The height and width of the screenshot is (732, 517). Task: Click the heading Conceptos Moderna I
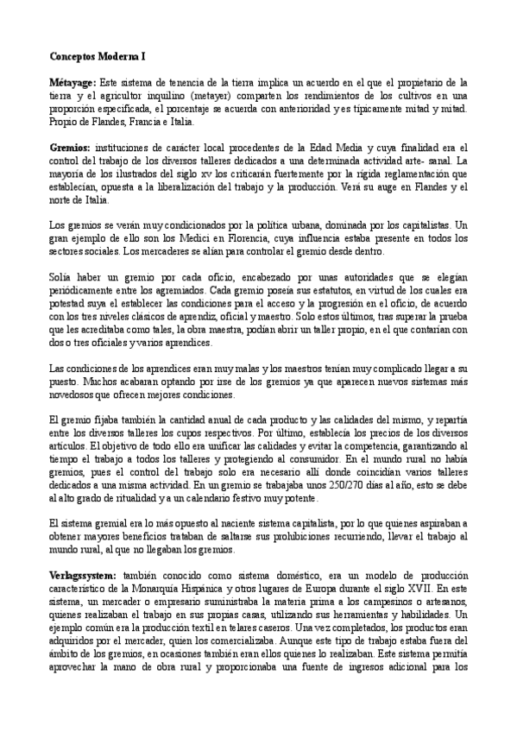pyautogui.click(x=97, y=55)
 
